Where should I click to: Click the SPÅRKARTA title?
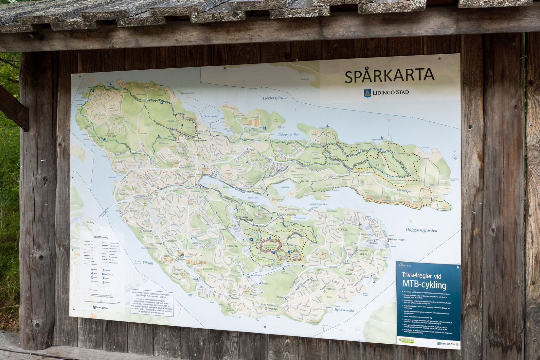pos(389,76)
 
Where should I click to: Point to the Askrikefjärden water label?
pos(274,98)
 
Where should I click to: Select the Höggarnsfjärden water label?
pos(421,230)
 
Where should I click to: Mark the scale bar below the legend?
pos(101,301)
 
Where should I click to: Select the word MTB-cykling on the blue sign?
pos(424,285)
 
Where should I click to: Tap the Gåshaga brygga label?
pos(396,240)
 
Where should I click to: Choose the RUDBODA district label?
pos(257,160)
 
